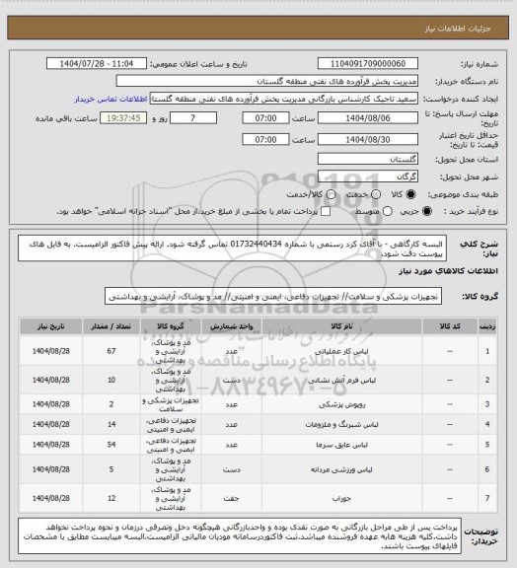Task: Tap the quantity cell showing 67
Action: click(111, 349)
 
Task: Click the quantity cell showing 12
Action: click(111, 498)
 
